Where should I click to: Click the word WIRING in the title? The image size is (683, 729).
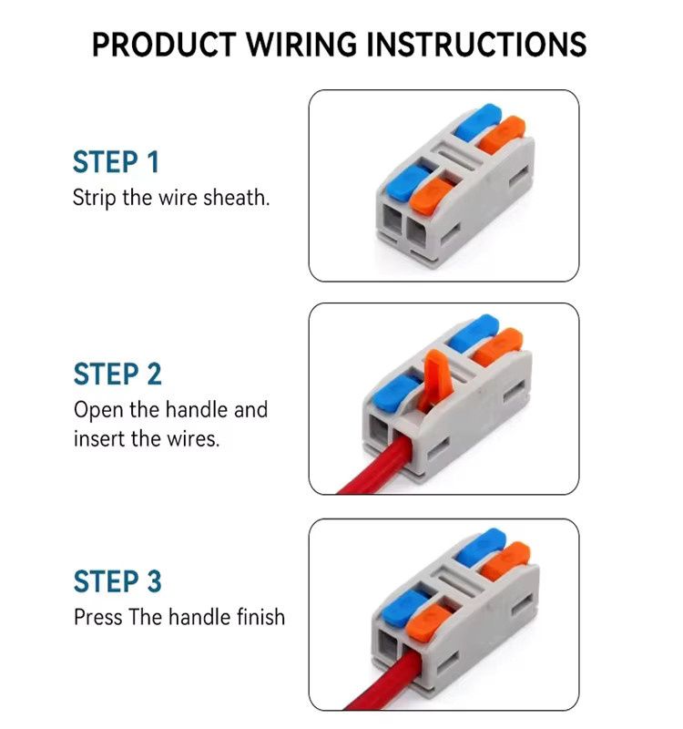coord(301,45)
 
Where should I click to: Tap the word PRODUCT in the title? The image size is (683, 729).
coord(165,45)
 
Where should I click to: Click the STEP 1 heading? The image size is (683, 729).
coord(117,162)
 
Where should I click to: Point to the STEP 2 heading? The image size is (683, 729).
coord(117,375)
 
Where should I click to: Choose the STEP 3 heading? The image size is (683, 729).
coord(117,581)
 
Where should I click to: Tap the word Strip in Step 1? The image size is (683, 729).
coord(95,198)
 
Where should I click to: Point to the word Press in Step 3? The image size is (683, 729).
coord(97,617)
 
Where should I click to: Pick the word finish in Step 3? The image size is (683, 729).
coord(260,617)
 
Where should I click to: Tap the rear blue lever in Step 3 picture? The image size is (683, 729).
coord(481,547)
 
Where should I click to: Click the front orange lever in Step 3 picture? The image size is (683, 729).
coord(429,621)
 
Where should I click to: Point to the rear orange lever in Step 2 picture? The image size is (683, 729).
coord(497,347)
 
